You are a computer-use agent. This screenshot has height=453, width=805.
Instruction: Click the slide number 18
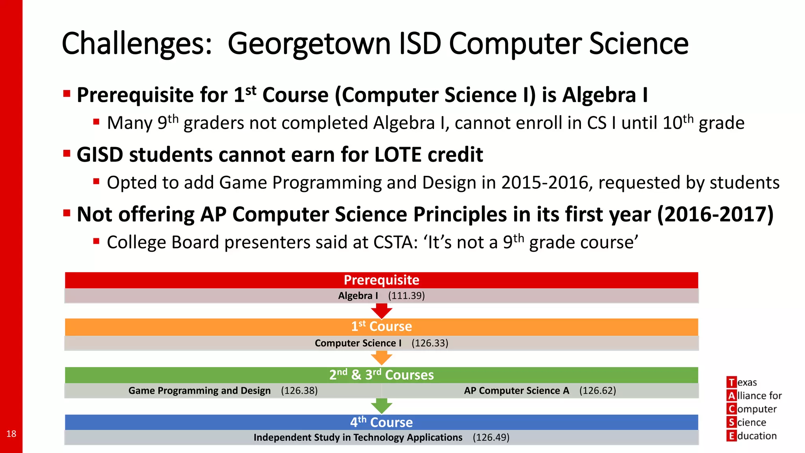click(x=11, y=434)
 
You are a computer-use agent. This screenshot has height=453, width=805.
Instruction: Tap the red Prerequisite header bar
click(x=381, y=280)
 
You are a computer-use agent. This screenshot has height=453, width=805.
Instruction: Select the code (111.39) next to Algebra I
click(x=406, y=296)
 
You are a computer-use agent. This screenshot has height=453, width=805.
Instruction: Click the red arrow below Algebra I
click(x=381, y=311)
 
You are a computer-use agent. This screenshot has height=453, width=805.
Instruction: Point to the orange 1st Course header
click(x=381, y=326)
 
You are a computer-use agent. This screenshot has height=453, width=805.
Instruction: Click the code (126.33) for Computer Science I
click(x=430, y=343)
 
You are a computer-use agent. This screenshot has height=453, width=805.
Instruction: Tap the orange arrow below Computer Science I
click(x=381, y=358)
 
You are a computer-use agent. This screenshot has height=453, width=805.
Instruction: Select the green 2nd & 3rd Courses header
click(x=381, y=375)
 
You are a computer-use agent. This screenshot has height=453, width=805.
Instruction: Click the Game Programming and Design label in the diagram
click(x=199, y=390)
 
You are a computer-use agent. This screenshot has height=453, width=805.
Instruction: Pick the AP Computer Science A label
click(x=516, y=390)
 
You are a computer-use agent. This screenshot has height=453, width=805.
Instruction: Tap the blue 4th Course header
click(x=381, y=422)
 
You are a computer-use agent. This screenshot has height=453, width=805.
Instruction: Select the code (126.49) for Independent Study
click(x=491, y=437)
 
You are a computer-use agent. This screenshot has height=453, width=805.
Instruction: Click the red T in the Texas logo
click(x=731, y=382)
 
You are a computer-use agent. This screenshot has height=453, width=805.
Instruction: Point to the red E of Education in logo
click(x=731, y=436)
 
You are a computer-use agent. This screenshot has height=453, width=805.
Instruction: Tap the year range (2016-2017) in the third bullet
click(x=715, y=214)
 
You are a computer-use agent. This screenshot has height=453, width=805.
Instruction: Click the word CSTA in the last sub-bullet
click(x=395, y=242)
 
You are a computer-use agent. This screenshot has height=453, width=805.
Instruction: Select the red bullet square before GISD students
click(x=67, y=153)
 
